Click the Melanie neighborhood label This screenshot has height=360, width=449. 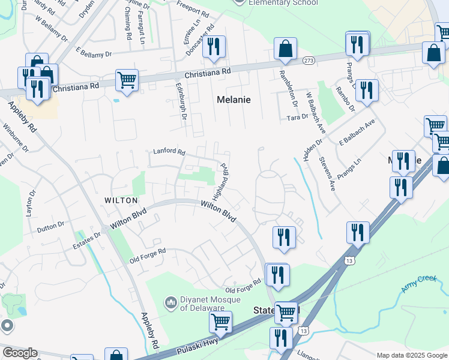coord(234,100)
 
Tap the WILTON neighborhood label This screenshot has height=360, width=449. coord(121,200)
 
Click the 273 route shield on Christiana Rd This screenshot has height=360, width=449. coord(309,61)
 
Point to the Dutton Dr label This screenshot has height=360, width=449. coord(50,227)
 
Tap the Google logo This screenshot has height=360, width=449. coord(20,353)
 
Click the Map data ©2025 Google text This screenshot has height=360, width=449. coord(411,355)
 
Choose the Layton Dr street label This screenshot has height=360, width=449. coord(28,204)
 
